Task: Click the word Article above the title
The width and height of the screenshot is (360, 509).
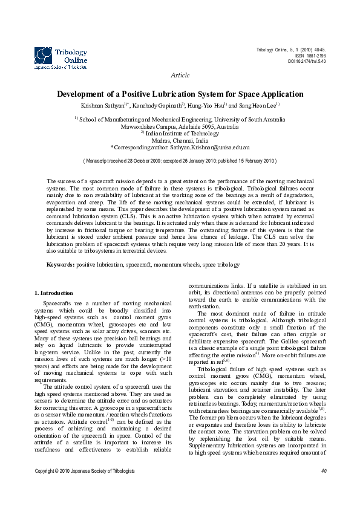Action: tap(180, 76)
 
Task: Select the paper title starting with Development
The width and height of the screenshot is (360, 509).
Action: tap(180, 94)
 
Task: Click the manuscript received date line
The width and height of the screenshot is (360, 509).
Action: tap(180, 161)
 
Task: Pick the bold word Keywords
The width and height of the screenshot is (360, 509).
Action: tap(61, 265)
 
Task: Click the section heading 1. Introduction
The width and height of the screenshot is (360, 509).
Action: tap(54, 293)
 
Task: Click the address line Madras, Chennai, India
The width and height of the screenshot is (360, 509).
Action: tap(180, 140)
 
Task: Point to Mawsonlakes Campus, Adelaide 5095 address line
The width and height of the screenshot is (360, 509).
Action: tap(180, 127)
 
